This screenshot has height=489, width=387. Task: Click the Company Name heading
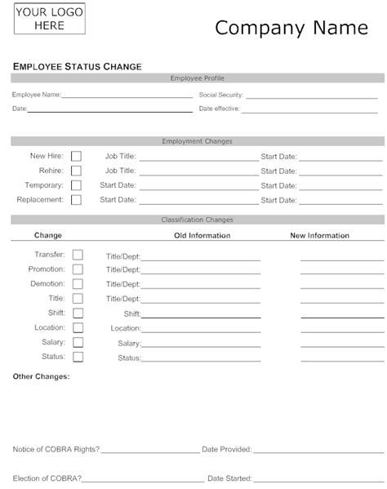(291, 28)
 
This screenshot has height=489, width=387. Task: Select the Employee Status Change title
(78, 65)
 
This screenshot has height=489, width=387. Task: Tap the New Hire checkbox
(77, 156)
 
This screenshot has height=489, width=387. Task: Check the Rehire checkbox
(77, 171)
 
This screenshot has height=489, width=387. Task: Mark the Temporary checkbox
(77, 185)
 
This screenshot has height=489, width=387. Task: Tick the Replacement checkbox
(77, 199)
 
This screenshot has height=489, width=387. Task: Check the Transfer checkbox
(78, 255)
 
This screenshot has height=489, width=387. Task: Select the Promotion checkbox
(78, 269)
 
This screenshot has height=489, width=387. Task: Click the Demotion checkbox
(78, 284)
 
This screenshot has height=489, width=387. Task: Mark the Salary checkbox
(78, 342)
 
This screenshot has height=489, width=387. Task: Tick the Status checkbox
(78, 357)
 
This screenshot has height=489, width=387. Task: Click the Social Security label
(220, 95)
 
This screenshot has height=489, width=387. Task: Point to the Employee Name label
(36, 95)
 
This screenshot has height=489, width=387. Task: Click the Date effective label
(218, 108)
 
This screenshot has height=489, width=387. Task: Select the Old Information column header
(202, 236)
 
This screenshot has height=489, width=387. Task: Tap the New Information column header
(320, 236)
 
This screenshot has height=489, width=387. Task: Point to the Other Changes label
(42, 376)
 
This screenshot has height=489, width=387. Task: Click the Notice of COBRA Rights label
(56, 449)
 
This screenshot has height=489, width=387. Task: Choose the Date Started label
(229, 477)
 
